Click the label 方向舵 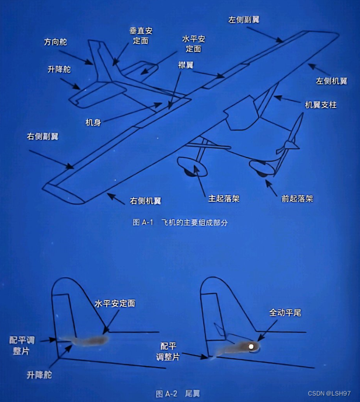pos(55,42)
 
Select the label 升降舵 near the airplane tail pos(59,69)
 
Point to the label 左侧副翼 pos(244,19)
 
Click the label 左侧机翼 pos(331,81)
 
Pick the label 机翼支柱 pos(321,105)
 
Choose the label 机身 pos(93,123)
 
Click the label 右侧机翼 pos(145,201)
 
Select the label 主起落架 pos(224,198)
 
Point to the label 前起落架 pos(297,198)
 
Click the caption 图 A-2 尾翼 pos(178,393)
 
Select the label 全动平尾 pos(285,313)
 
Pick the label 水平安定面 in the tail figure pos(115,304)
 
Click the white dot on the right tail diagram pos(251,347)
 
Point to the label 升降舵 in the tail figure pos(39,375)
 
